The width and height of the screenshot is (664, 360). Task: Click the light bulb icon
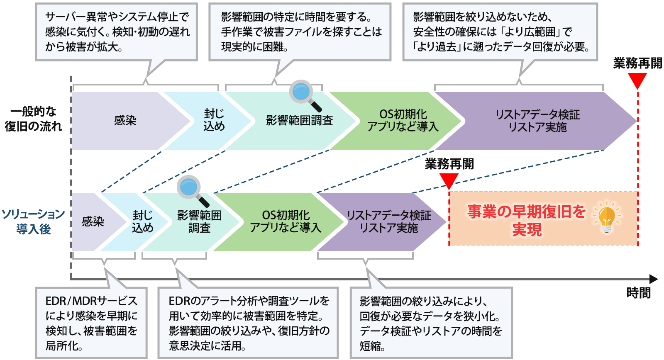[x=607, y=217]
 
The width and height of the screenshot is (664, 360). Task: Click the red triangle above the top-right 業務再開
[x=637, y=80]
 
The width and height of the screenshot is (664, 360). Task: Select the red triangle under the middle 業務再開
[x=449, y=181]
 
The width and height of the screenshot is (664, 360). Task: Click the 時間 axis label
[x=638, y=293]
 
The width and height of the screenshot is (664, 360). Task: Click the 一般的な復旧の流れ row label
[x=33, y=119]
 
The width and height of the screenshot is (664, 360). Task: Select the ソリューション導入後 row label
[x=33, y=221]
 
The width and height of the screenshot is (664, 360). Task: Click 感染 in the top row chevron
[x=125, y=121]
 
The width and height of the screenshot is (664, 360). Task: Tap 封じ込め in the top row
[x=214, y=120]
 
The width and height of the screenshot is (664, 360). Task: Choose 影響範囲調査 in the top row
[x=299, y=121]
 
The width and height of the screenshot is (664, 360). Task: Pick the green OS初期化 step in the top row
[x=403, y=120]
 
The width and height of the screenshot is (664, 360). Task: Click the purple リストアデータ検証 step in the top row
[x=537, y=121]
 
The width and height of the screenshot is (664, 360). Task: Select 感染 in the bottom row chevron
[x=93, y=222]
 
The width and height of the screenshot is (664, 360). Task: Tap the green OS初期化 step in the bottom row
[x=286, y=221]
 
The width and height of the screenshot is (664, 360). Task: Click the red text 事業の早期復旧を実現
[x=526, y=220]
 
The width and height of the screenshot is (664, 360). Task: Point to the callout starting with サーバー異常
[x=116, y=32]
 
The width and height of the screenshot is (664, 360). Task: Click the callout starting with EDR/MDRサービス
[x=91, y=323]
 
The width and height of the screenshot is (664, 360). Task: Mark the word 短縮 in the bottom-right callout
[x=370, y=346]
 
